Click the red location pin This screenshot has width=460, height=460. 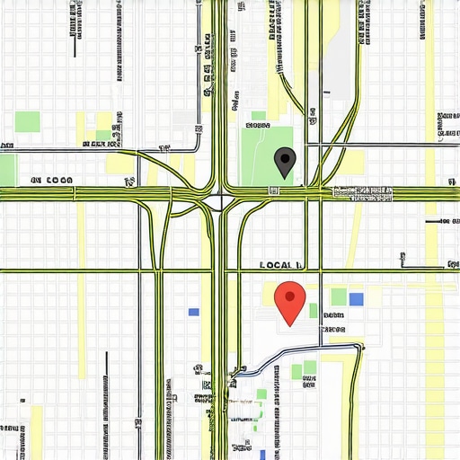(x=289, y=300)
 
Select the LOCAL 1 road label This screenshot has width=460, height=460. (x=280, y=265)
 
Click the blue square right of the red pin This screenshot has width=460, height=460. (x=357, y=299)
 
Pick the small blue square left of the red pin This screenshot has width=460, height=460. (x=193, y=313)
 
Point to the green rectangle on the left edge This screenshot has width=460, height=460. (x=7, y=169)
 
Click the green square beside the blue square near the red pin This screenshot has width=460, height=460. (x=339, y=296)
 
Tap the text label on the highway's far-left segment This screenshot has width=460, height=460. (x=51, y=181)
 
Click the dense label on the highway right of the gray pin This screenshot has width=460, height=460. (x=363, y=192)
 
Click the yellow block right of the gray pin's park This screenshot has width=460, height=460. (x=355, y=162)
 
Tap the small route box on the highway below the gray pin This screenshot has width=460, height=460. (x=270, y=190)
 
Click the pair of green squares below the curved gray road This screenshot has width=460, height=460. (x=304, y=370)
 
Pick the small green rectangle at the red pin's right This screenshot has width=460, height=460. (x=314, y=311)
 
